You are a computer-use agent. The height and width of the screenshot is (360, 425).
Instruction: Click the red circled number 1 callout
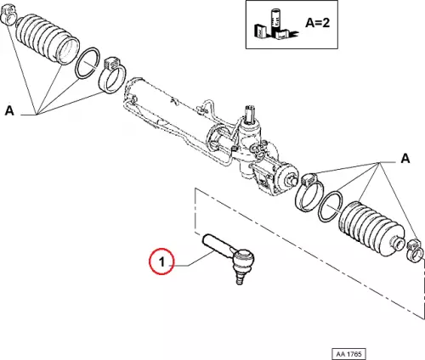(161, 261)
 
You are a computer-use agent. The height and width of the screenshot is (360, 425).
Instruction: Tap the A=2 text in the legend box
(318, 22)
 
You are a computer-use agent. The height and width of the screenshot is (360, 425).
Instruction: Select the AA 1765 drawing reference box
(348, 354)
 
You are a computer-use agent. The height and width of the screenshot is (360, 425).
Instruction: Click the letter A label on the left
(9, 110)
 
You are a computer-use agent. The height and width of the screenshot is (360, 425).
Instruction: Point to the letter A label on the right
(405, 159)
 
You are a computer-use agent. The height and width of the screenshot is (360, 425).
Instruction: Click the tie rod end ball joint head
(243, 259)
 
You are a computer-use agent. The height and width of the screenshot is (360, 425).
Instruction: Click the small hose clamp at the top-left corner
(8, 15)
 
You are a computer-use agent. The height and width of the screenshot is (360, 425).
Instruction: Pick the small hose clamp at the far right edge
(416, 250)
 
